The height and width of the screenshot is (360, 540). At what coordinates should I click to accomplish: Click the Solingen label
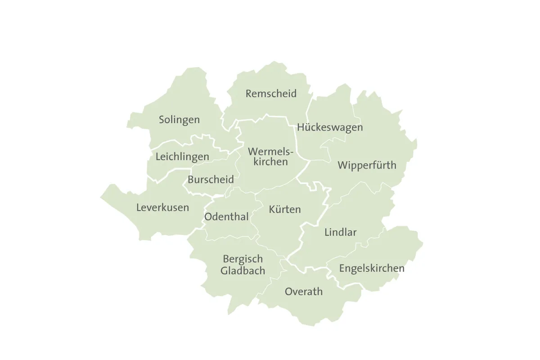(179, 120)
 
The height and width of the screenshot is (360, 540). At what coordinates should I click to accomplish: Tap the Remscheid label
(271, 94)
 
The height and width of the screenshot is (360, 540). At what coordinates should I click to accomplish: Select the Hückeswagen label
(330, 128)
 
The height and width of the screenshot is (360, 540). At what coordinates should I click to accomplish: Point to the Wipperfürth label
(367, 166)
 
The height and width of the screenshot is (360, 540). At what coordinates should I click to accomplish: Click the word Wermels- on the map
(270, 151)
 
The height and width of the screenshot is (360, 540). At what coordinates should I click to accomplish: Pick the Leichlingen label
(182, 157)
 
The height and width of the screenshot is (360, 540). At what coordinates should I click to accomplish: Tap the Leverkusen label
(162, 208)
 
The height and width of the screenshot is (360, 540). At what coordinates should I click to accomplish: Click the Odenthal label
(226, 217)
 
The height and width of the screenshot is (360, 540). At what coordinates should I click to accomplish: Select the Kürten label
(284, 210)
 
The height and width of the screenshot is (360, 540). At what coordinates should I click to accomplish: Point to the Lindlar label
(340, 233)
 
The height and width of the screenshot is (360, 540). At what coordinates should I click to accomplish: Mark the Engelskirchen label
(372, 269)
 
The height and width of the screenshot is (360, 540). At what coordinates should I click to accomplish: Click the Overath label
(304, 292)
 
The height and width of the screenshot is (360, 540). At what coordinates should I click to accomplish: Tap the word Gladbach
(243, 271)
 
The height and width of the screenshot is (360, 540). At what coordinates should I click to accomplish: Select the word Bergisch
(243, 260)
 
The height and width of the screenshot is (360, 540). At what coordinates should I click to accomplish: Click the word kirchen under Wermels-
(270, 162)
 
